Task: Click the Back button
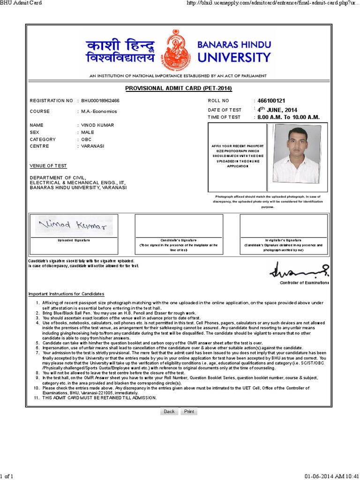pos(169,412)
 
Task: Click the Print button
pos(189,412)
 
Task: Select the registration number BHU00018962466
pos(100,101)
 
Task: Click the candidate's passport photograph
pos(297,154)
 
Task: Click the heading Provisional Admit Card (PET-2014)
pos(179,89)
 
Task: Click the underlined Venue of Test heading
pos(48,166)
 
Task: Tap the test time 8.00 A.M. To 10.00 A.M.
pos(288,117)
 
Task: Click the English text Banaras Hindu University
pos(234,52)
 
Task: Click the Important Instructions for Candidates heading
pos(66,294)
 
